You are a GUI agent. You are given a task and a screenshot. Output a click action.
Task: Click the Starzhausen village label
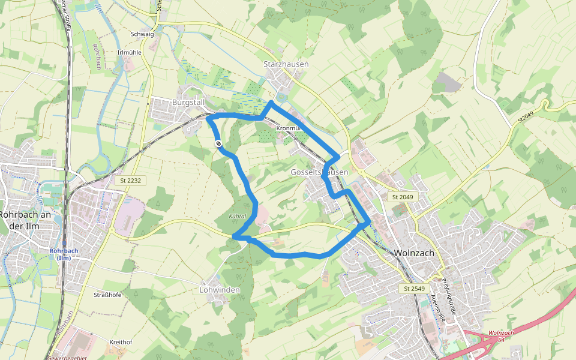point(286,64)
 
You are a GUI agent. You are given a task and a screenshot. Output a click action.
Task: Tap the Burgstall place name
point(188,103)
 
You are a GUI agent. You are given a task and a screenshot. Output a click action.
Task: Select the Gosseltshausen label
point(319,172)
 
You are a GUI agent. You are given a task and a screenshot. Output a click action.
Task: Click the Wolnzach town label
point(414,253)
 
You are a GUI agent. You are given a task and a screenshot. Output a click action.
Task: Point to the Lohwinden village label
point(219,290)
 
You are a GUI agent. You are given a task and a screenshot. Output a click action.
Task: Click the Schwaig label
point(142,34)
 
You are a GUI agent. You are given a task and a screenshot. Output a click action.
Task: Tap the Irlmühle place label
point(129,53)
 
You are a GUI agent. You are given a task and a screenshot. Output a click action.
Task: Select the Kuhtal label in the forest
point(238,216)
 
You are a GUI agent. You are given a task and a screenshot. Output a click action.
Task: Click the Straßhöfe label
point(108,295)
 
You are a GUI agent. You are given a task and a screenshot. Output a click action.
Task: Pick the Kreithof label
point(121,342)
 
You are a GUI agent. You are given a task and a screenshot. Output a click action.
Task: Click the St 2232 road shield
point(130,180)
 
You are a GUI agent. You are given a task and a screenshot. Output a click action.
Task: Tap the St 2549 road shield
point(414,289)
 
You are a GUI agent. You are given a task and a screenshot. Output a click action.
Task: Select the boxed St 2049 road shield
point(403,197)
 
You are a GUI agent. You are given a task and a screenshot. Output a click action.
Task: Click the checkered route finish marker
point(219,143)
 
